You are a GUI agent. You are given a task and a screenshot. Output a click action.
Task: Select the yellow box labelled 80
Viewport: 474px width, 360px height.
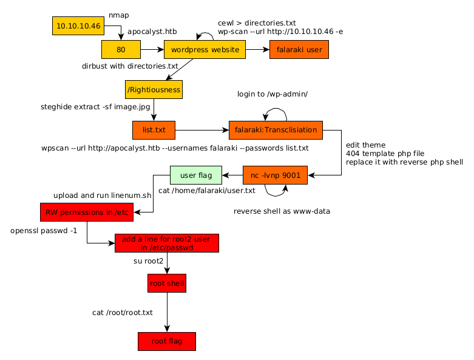121,50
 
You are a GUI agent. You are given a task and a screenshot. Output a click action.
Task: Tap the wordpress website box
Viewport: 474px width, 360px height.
205,50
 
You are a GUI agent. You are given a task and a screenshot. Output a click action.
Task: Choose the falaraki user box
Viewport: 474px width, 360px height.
299,50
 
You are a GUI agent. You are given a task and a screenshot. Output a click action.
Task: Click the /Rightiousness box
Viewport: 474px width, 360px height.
154,90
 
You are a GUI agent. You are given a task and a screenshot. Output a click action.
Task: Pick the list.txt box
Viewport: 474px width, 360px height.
154,130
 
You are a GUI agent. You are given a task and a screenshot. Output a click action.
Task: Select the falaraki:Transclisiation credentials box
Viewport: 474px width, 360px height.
276,130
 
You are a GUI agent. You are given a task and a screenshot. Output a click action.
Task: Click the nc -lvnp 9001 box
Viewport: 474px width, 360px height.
275,175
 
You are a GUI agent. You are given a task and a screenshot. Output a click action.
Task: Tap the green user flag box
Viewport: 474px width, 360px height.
197,175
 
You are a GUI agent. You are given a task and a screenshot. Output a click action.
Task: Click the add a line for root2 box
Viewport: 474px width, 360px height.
166,243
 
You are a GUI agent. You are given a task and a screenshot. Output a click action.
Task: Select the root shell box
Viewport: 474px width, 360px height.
167,283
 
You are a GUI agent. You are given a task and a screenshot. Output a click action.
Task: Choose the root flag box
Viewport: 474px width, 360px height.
167,341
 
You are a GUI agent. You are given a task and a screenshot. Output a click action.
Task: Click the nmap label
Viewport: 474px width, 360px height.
119,15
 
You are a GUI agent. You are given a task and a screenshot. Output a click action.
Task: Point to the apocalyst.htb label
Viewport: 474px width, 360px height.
152,31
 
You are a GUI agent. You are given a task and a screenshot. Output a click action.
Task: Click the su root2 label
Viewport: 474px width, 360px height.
149,261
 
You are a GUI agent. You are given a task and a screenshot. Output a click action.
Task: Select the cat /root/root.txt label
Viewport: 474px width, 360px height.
123,313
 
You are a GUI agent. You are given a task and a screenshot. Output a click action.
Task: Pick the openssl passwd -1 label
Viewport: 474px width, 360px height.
44,231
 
